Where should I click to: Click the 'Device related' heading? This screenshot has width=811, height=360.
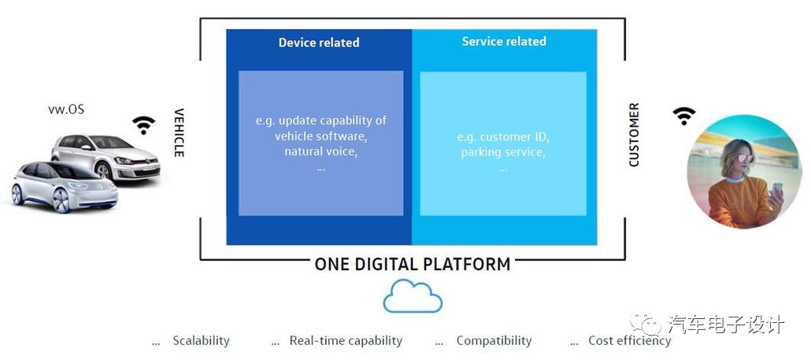318,43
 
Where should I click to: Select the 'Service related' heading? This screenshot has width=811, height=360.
503,41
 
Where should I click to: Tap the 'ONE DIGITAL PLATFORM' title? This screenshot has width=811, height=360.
413,264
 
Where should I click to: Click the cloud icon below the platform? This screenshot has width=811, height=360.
413,297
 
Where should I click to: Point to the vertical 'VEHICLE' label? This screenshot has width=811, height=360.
179,132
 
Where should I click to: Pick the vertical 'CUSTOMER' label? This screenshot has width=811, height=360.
634,134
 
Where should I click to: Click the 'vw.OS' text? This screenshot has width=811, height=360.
66,109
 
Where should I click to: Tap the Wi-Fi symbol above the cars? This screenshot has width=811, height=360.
143,124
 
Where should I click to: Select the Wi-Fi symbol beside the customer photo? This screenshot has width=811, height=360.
684,115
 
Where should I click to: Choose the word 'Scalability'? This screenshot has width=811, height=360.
201,340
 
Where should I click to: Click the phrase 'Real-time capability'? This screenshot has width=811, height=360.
346,340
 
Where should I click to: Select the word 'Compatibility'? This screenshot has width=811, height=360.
494,340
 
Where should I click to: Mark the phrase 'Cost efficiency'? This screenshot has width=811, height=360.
630,340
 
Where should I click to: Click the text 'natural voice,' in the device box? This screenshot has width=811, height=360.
320,151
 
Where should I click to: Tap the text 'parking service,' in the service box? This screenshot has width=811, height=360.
503,152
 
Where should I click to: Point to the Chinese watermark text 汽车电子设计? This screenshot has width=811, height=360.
725,324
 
